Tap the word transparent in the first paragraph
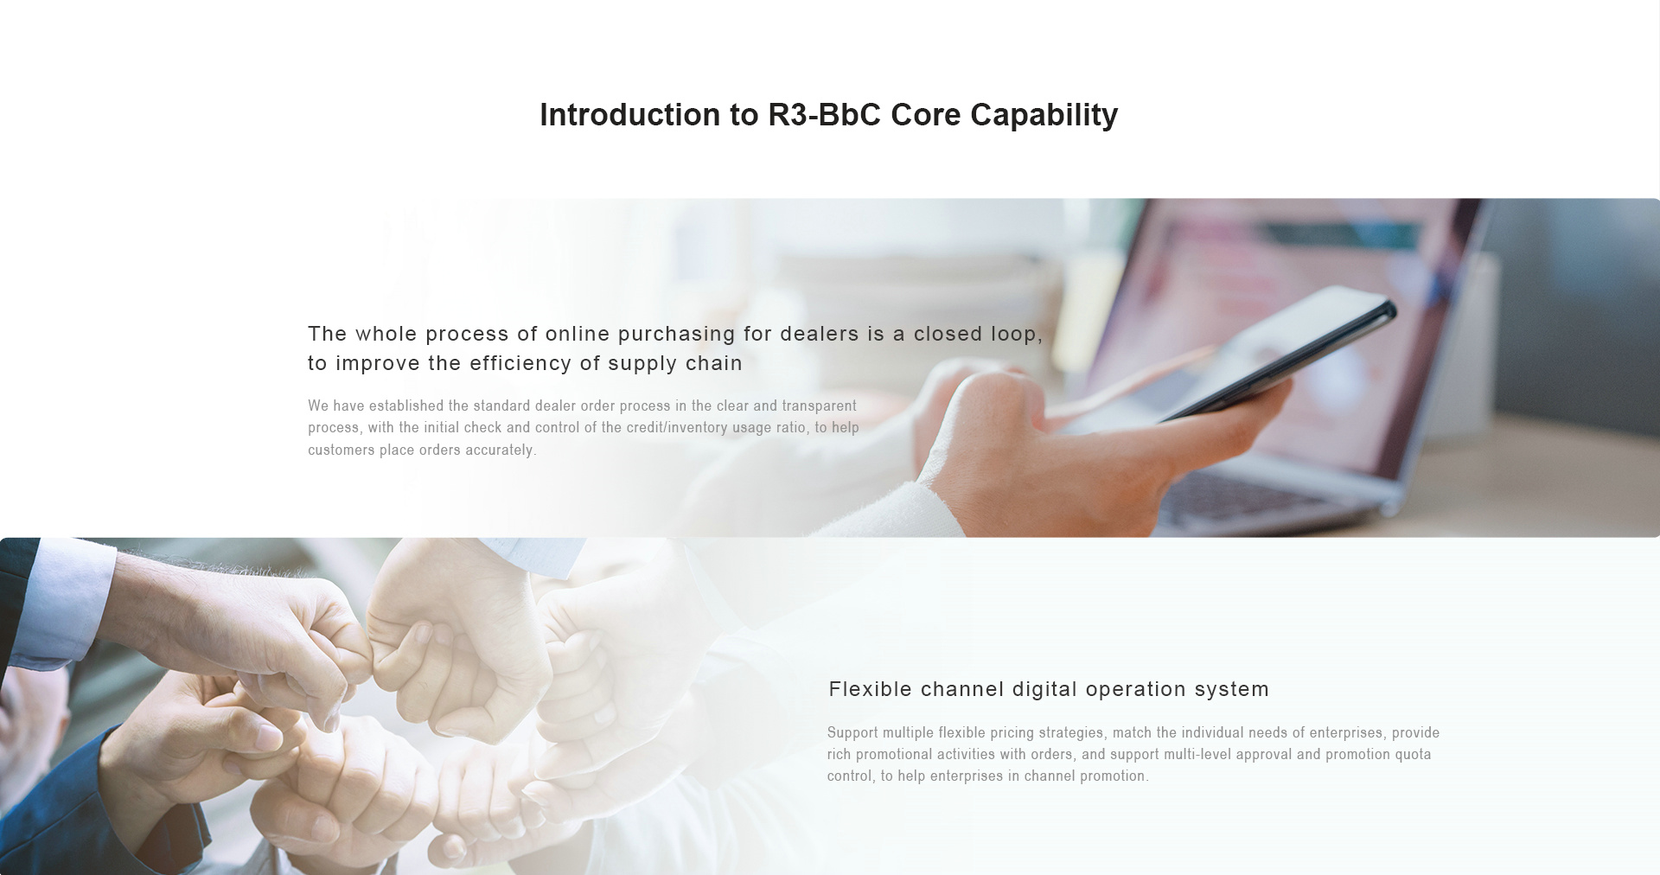point(819,406)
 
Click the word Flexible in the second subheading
point(871,689)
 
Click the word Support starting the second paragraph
point(852,733)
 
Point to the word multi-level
point(1197,755)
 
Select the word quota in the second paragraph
point(1413,755)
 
